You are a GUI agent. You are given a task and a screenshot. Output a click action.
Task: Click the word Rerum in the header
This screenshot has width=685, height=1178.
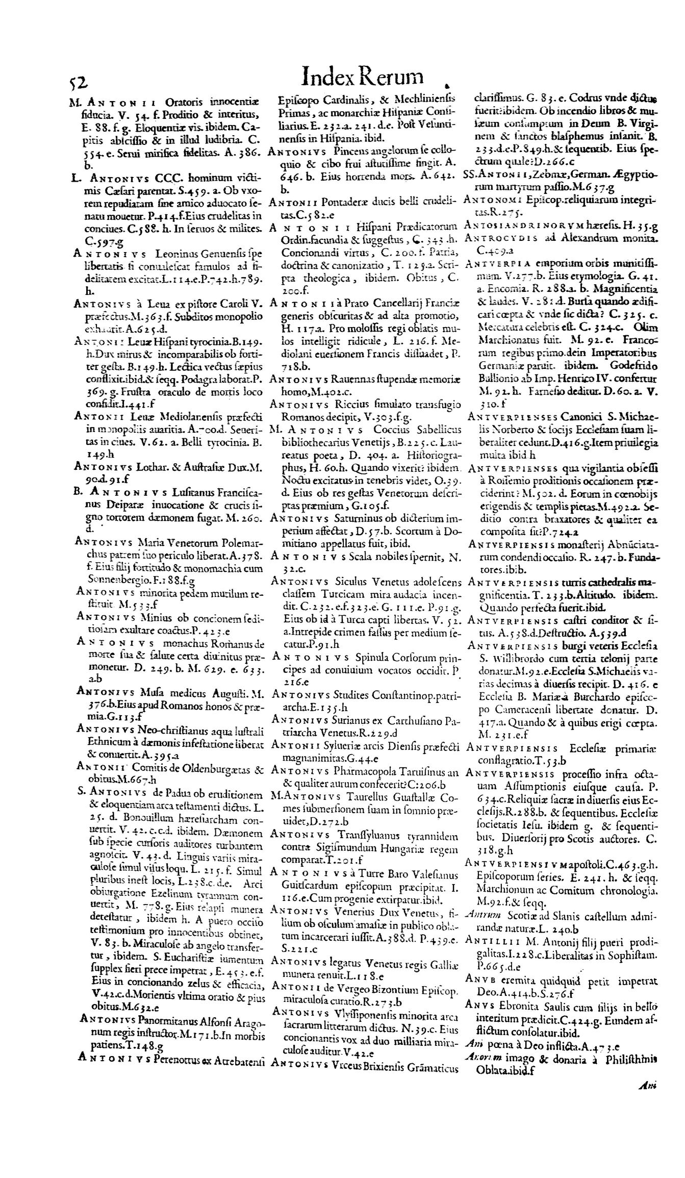coord(392,77)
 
